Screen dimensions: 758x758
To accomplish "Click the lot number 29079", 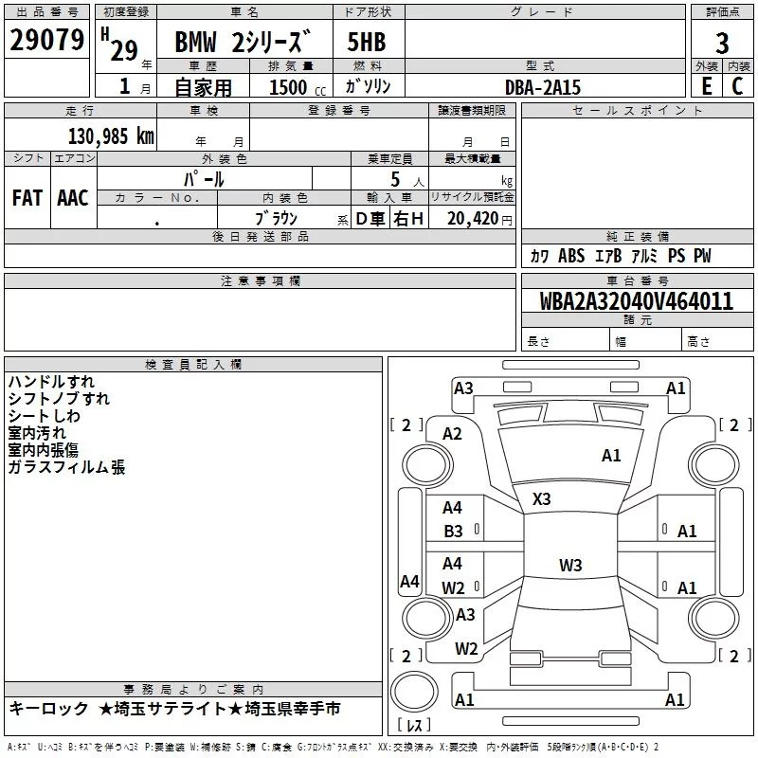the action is tap(46, 40).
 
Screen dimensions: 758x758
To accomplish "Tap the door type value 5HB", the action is tap(367, 42).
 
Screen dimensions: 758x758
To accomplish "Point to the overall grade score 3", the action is tap(722, 44).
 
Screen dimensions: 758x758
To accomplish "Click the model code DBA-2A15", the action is tap(543, 87).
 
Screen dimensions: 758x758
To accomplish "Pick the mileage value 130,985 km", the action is tap(111, 135).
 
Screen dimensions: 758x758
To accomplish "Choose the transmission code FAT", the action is tap(27, 198).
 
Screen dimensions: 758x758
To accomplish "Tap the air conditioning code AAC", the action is tap(73, 198).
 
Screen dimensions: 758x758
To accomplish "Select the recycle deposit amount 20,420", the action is tap(472, 219).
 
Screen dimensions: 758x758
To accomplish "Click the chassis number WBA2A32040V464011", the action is tap(636, 301).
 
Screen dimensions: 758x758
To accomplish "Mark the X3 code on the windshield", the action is tap(541, 499).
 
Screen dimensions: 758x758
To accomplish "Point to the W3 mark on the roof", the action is tap(570, 565).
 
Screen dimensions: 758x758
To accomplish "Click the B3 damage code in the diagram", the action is tap(453, 532).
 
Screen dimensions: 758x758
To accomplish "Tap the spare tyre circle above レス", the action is tap(414, 692).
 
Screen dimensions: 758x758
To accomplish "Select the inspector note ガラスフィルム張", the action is tap(66, 467).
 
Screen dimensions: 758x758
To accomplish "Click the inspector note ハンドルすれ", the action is tap(51, 382).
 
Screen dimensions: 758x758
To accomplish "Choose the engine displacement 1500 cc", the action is tap(298, 87).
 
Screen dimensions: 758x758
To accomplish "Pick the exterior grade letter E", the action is tap(707, 86).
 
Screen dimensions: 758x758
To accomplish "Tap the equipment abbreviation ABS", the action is tap(571, 256).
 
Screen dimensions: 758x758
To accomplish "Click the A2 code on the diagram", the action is tap(452, 434).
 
